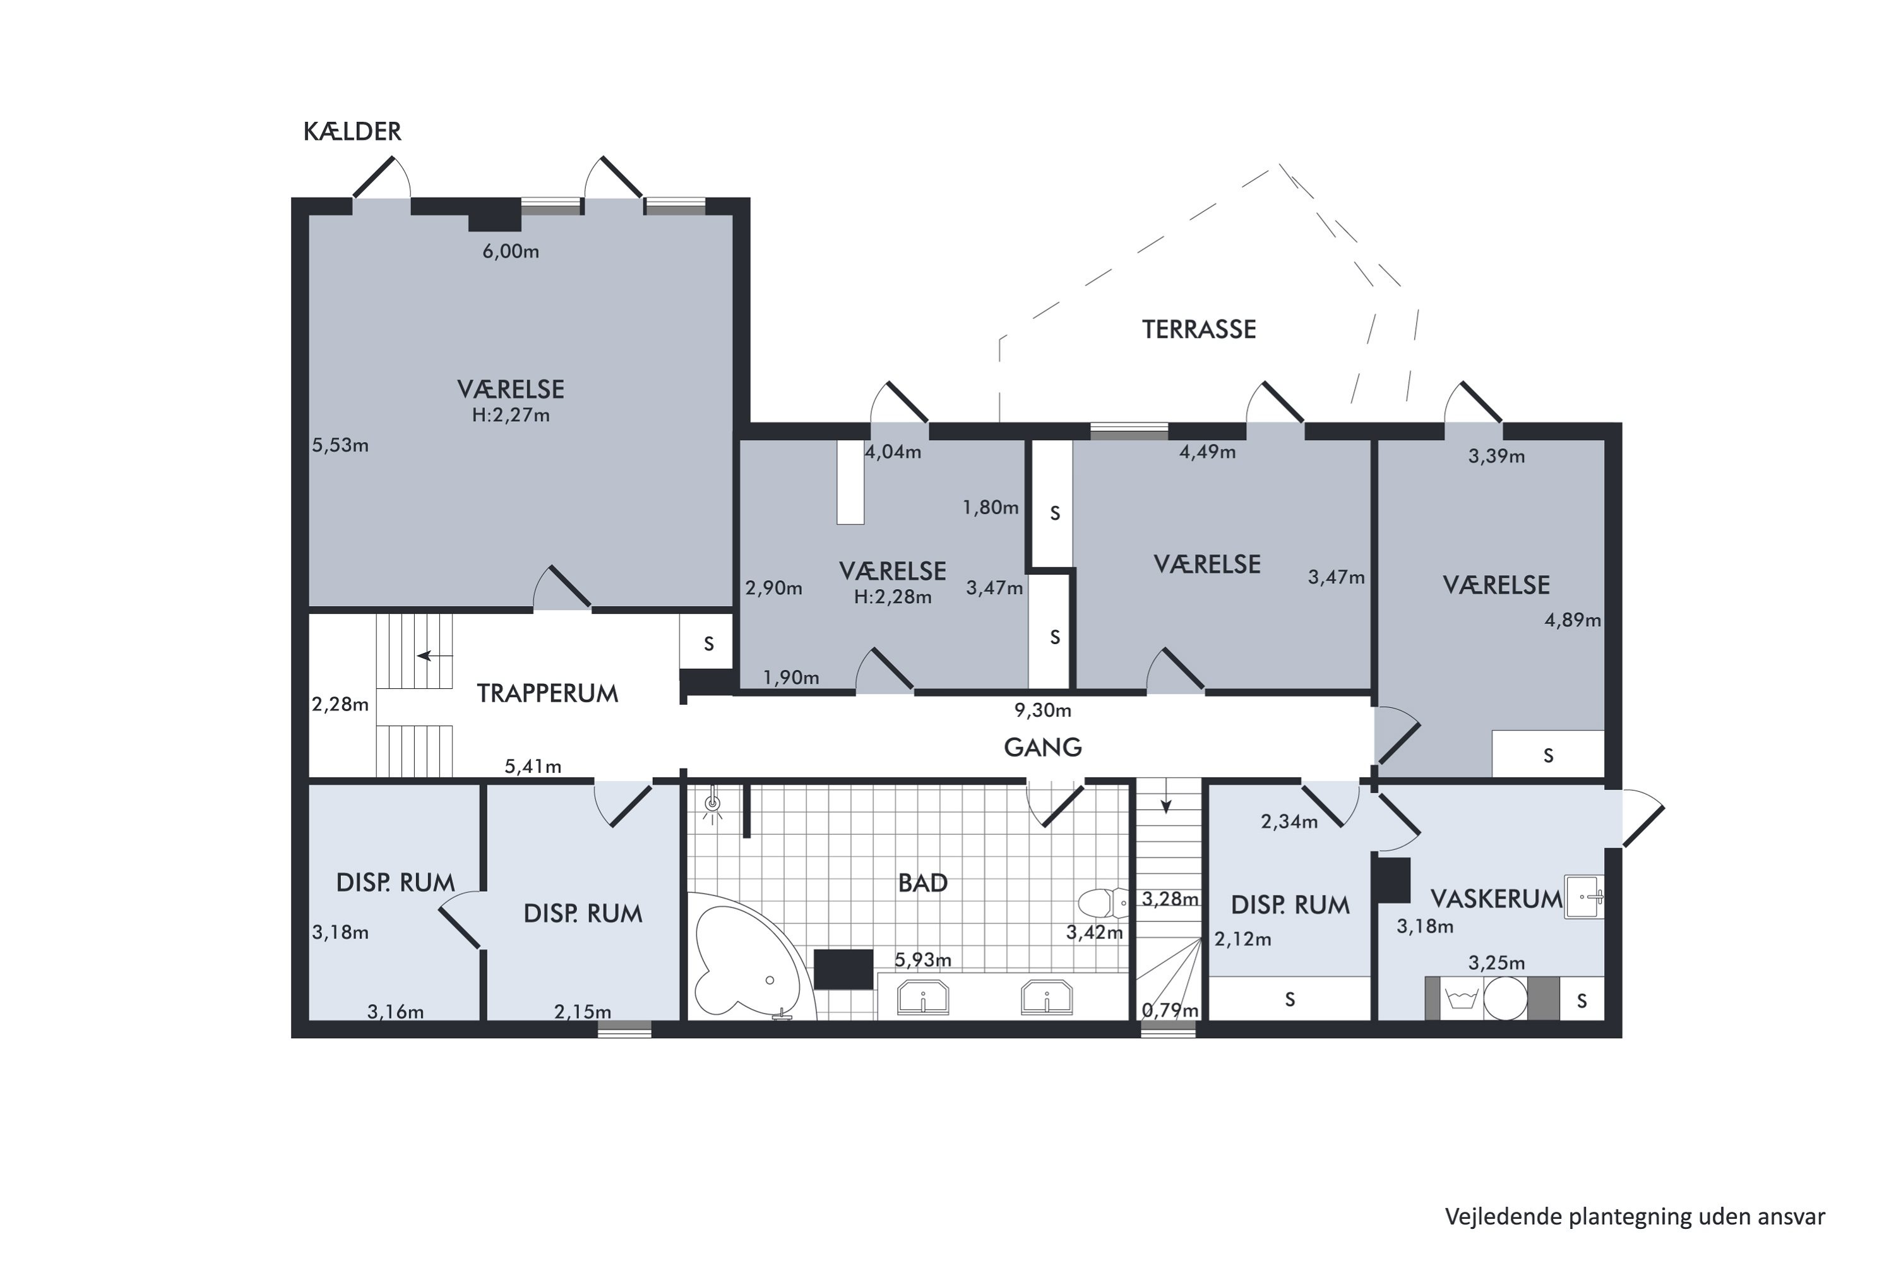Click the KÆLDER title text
[352, 131]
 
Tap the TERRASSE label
[1198, 330]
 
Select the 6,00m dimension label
[511, 251]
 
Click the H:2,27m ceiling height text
[511, 416]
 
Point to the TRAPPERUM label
[547, 693]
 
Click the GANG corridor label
[1043, 748]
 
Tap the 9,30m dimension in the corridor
[1043, 710]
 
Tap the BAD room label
[923, 883]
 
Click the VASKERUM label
[1496, 899]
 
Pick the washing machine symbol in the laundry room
[1461, 999]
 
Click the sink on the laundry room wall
[1584, 897]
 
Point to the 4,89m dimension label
[1573, 620]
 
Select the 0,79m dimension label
[1170, 1010]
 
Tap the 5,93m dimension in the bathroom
[923, 960]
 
